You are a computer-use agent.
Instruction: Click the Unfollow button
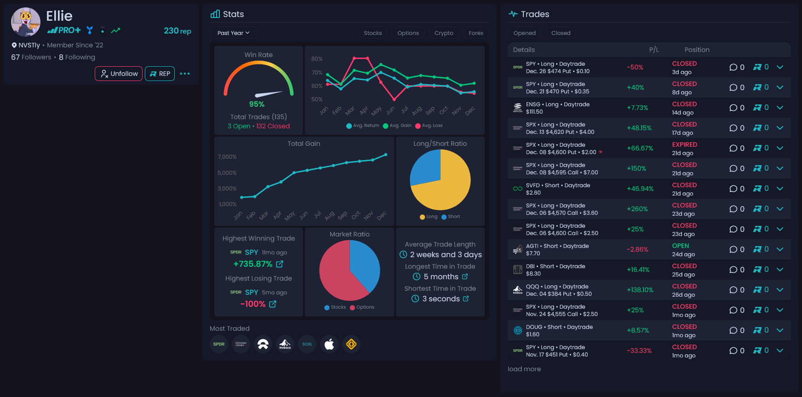(x=119, y=74)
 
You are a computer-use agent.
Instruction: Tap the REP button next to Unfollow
(x=160, y=74)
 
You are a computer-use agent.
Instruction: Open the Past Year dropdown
(x=234, y=33)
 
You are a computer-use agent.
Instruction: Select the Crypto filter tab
(x=443, y=33)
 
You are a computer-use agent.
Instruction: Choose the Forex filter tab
(x=475, y=33)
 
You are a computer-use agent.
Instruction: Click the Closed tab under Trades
(x=561, y=33)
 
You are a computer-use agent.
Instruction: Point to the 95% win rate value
(x=257, y=104)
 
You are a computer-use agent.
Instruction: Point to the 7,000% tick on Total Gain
(x=227, y=157)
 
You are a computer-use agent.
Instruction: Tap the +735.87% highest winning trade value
(x=253, y=264)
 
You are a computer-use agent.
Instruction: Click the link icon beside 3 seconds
(x=466, y=299)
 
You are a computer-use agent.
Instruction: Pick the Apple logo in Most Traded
(x=329, y=344)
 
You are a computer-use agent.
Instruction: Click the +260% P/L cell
(x=637, y=209)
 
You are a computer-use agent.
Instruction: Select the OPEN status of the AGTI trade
(x=680, y=246)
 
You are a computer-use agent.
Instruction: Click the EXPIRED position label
(x=684, y=144)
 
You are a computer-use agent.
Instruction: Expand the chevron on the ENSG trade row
(x=779, y=108)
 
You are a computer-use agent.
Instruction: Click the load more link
(x=524, y=369)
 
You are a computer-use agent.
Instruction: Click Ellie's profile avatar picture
(x=26, y=22)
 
